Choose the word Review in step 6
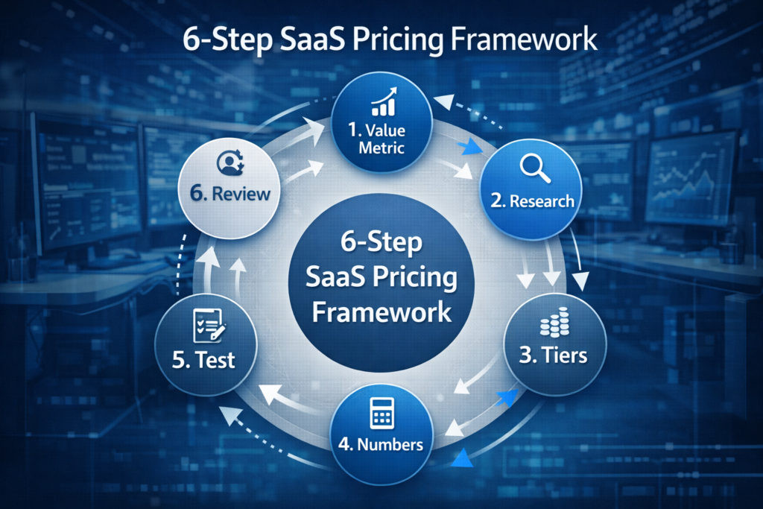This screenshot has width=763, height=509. point(240,195)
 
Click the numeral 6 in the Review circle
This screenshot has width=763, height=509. point(198,195)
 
